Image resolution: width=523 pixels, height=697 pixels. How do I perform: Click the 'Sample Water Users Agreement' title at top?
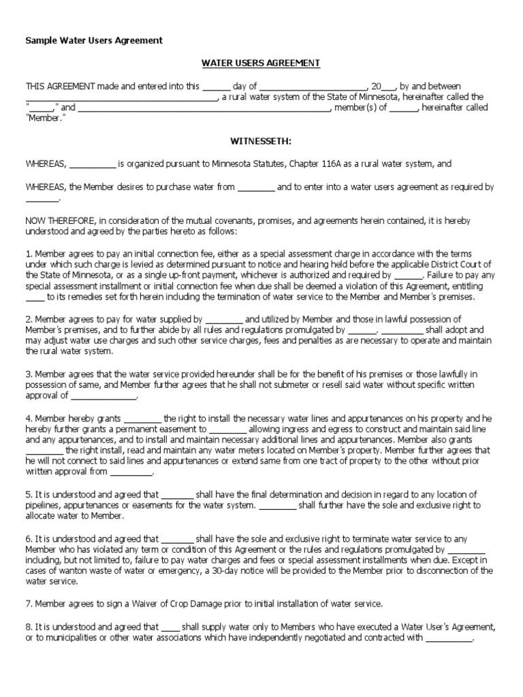click(94, 41)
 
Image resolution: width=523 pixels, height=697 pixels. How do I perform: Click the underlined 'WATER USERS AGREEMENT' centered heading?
click(261, 63)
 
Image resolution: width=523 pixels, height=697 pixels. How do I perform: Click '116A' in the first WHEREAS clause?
click(333, 164)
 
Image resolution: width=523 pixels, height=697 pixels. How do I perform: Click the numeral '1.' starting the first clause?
click(29, 254)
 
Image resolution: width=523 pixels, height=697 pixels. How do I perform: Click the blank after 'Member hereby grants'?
click(142, 419)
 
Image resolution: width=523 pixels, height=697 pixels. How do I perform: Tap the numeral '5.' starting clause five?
click(29, 495)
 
